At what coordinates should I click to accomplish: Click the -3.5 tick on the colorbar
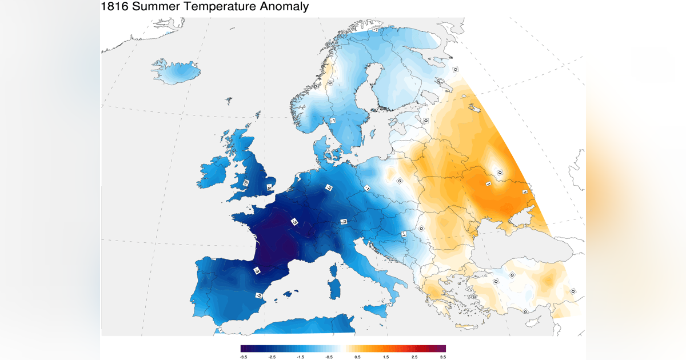(243, 356)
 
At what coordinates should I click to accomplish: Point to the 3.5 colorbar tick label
(443, 356)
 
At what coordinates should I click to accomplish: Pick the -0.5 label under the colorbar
(329, 356)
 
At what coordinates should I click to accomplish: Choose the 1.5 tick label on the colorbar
(386, 356)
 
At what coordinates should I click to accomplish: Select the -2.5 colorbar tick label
(272, 356)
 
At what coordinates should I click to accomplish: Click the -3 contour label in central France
(294, 222)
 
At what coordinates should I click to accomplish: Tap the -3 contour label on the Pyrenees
(256, 271)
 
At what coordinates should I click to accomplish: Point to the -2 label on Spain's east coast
(258, 295)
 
